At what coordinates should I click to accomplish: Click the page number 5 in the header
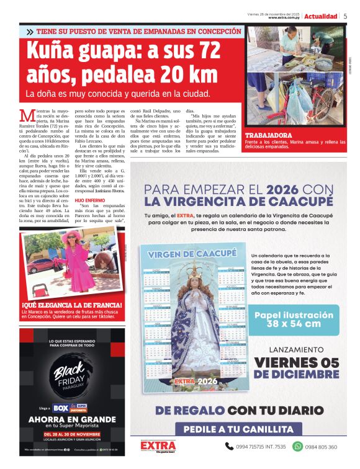pos(345,16)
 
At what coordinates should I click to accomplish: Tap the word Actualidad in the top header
pos(321,16)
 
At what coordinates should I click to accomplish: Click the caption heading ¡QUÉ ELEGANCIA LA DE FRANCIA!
pos(72,305)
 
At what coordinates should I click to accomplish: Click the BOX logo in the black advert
pos(61,409)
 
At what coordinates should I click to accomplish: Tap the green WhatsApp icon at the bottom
pos(297,446)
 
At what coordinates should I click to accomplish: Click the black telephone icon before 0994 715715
pos(229,446)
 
